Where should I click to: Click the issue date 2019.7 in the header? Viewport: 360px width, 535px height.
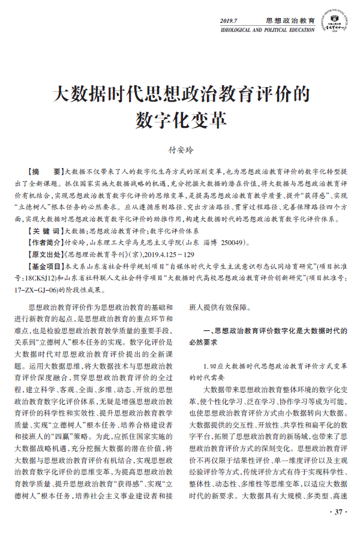(230, 20)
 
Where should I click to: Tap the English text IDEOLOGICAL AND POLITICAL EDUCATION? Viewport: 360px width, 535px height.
(268, 29)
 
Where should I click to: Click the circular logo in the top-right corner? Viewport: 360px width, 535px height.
(333, 19)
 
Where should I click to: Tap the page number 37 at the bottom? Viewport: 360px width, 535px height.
(336, 512)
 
